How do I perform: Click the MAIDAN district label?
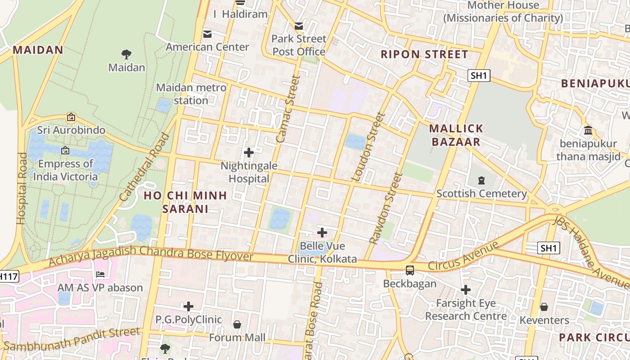coord(38,49)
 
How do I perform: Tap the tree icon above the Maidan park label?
coord(126,54)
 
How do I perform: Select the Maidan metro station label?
coord(191,94)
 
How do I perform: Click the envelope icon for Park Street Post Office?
coord(299,26)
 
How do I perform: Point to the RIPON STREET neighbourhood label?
coord(424,54)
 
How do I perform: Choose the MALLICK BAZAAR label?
coord(456,135)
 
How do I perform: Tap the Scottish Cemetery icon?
coord(481,180)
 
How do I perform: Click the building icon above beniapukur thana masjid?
coord(588,130)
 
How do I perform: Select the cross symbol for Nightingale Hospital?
coord(248,153)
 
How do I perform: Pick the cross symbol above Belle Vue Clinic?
coord(322,233)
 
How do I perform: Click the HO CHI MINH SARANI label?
coord(185,202)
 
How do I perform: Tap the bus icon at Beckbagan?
coord(409,270)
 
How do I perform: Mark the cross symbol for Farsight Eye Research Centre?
coord(466,290)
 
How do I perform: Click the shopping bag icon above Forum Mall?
coord(237,324)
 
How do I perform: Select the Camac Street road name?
coord(288,109)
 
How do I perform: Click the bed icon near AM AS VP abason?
coord(100,274)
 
